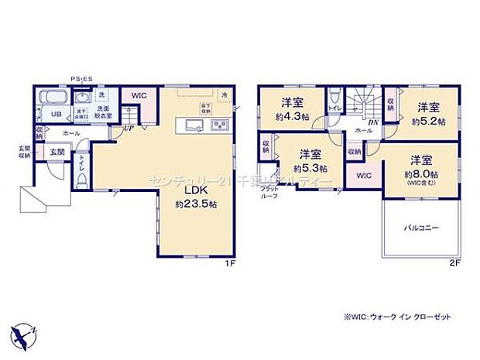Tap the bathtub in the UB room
tap(53, 98)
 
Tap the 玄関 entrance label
tap(57, 153)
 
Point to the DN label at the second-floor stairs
tap(372, 122)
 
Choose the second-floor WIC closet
tap(364, 176)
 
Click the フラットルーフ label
tap(269, 193)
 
